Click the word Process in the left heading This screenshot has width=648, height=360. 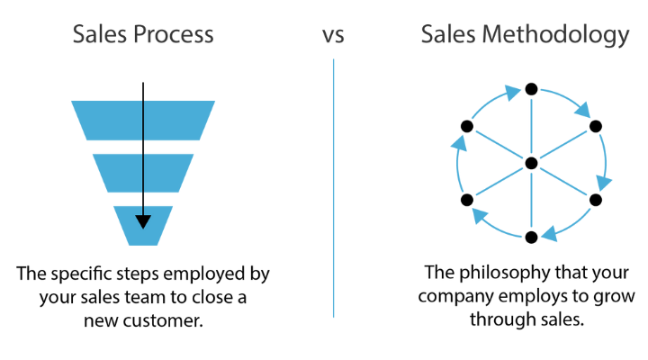point(173,35)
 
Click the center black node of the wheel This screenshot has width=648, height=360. point(531,163)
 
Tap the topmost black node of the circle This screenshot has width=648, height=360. point(531,88)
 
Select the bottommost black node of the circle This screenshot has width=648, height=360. point(531,237)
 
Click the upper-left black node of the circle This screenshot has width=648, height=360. point(466,126)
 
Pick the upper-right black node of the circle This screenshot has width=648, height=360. point(595,126)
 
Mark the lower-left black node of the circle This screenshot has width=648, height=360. point(466,200)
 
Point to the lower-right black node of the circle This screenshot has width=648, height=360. point(595,200)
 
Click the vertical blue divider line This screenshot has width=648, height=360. point(333,189)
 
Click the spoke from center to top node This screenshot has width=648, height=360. point(531,126)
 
